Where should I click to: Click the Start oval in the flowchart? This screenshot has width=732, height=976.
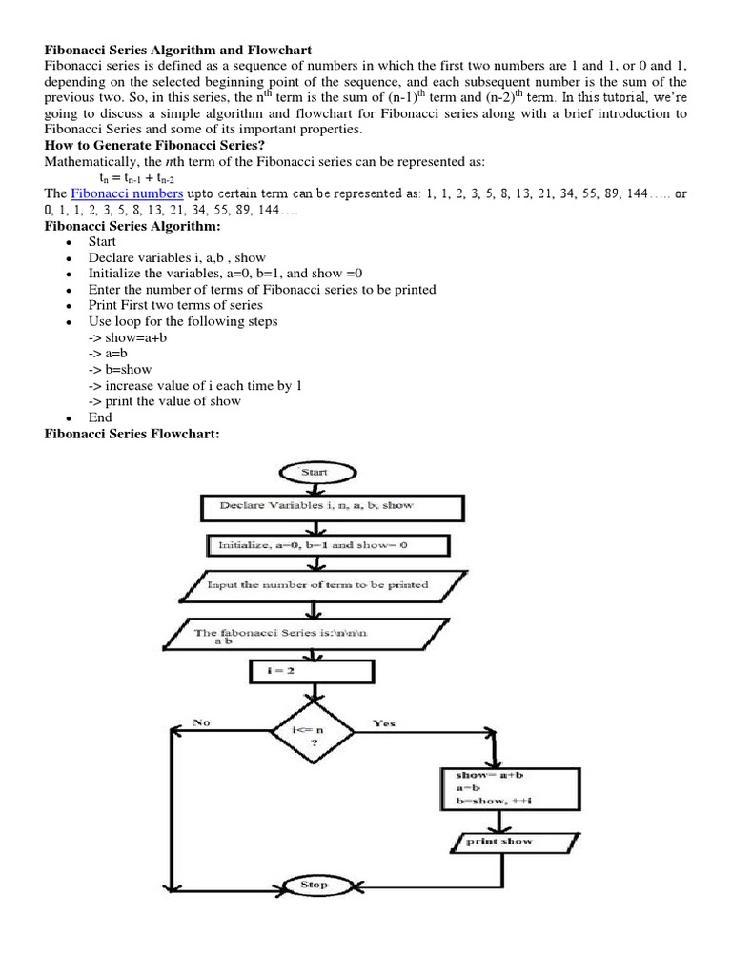[314, 472]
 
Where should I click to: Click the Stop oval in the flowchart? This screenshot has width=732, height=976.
[314, 884]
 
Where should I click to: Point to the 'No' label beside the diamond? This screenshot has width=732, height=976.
[202, 723]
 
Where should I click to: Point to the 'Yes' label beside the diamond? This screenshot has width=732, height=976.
[384, 723]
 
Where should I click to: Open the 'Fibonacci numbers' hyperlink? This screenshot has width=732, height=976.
[120, 193]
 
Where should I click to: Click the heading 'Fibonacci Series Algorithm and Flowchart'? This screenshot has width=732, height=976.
[176, 49]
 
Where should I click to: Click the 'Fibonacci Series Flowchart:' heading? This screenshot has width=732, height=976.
[132, 434]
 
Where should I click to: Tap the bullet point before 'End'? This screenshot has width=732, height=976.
[69, 418]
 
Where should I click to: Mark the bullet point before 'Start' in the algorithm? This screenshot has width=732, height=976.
[69, 243]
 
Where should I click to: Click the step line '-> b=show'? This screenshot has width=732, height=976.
[120, 369]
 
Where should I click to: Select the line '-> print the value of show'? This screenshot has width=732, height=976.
[164, 401]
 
